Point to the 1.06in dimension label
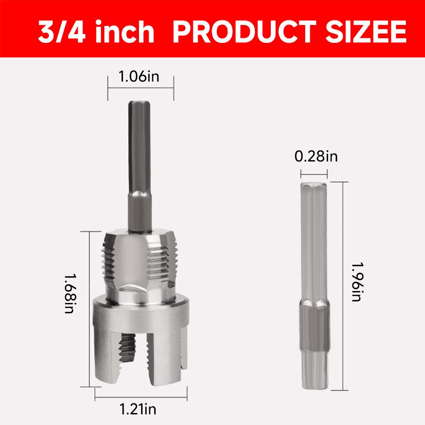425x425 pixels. [x=140, y=77]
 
